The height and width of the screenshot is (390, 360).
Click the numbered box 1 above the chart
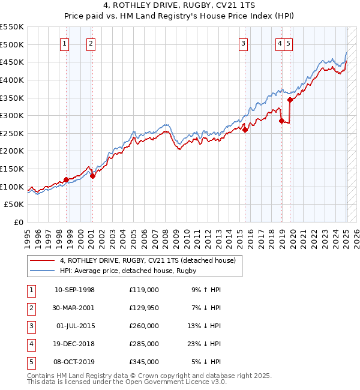coord(64,43)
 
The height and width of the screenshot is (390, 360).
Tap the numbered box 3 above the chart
coord(243,43)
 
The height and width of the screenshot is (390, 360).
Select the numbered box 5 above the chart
coord(289,43)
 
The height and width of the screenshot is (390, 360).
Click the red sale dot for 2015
coord(245,130)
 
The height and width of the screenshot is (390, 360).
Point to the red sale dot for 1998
coord(66,179)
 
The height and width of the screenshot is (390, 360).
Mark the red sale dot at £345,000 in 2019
coord(290,100)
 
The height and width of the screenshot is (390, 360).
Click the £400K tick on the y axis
coord(13,80)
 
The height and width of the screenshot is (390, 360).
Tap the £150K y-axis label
coord(13,169)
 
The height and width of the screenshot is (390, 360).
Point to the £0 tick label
coord(18,222)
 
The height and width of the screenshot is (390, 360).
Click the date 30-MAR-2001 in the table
coord(74,308)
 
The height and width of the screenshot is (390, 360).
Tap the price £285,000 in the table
coord(143,344)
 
